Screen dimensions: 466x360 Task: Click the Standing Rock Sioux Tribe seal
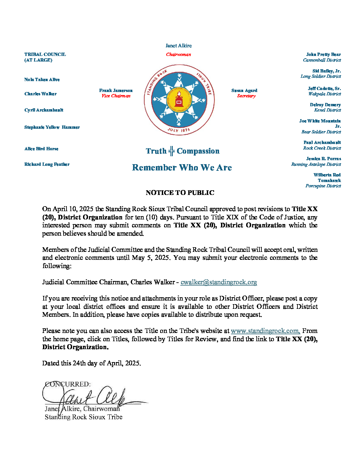179,100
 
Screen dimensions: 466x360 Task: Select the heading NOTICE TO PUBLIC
180,193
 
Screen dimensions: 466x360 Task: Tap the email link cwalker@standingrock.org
219,282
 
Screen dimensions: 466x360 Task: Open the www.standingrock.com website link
265,331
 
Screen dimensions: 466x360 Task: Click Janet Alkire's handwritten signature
93,396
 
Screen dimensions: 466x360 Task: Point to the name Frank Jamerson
116,90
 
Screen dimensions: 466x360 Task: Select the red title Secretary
246,96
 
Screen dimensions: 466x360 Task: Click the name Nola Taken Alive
42,79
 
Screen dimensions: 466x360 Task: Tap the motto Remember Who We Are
182,167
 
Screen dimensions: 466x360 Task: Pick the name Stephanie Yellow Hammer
52,127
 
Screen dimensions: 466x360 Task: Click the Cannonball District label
322,60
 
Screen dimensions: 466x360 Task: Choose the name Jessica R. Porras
323,159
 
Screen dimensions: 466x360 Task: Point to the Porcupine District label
323,186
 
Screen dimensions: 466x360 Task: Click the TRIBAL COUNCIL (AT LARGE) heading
45,57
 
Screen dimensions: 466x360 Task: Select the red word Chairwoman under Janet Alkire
178,55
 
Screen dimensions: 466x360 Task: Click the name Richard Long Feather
47,164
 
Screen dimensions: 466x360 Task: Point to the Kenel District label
327,110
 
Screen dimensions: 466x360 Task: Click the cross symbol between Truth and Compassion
171,151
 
